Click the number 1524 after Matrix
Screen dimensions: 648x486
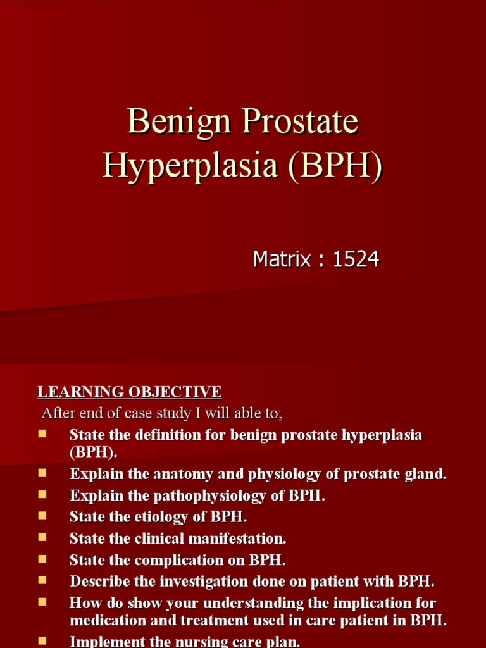[x=356, y=259]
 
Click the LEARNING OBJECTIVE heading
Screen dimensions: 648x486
[x=129, y=392]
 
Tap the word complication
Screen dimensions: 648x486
[x=171, y=560]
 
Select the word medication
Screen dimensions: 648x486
[x=105, y=620]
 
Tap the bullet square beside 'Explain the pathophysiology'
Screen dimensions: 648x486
[x=42, y=493]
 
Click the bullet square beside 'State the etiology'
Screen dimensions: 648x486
[x=42, y=514]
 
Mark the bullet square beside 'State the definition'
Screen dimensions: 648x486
[x=42, y=433]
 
